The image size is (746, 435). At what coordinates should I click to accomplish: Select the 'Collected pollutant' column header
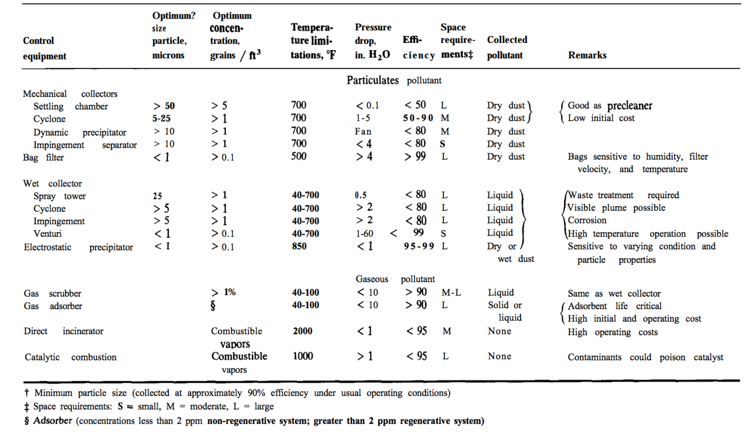tap(507, 48)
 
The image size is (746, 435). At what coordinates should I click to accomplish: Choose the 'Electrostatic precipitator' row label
tap(78, 247)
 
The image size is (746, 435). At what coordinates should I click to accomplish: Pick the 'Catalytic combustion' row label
tap(70, 357)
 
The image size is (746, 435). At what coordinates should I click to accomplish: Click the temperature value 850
tap(299, 247)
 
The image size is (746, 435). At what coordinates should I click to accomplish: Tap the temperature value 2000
tap(302, 331)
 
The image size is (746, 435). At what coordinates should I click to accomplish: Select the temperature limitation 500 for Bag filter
tap(299, 156)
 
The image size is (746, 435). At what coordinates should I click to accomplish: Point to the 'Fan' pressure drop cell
tap(364, 132)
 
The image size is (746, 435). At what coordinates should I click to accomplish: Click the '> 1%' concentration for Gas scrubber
tap(223, 293)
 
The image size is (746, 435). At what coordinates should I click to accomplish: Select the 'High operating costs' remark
tap(613, 332)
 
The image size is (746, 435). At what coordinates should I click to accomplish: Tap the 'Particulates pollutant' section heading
tap(394, 81)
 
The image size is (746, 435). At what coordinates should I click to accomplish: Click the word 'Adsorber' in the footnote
tap(48, 419)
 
